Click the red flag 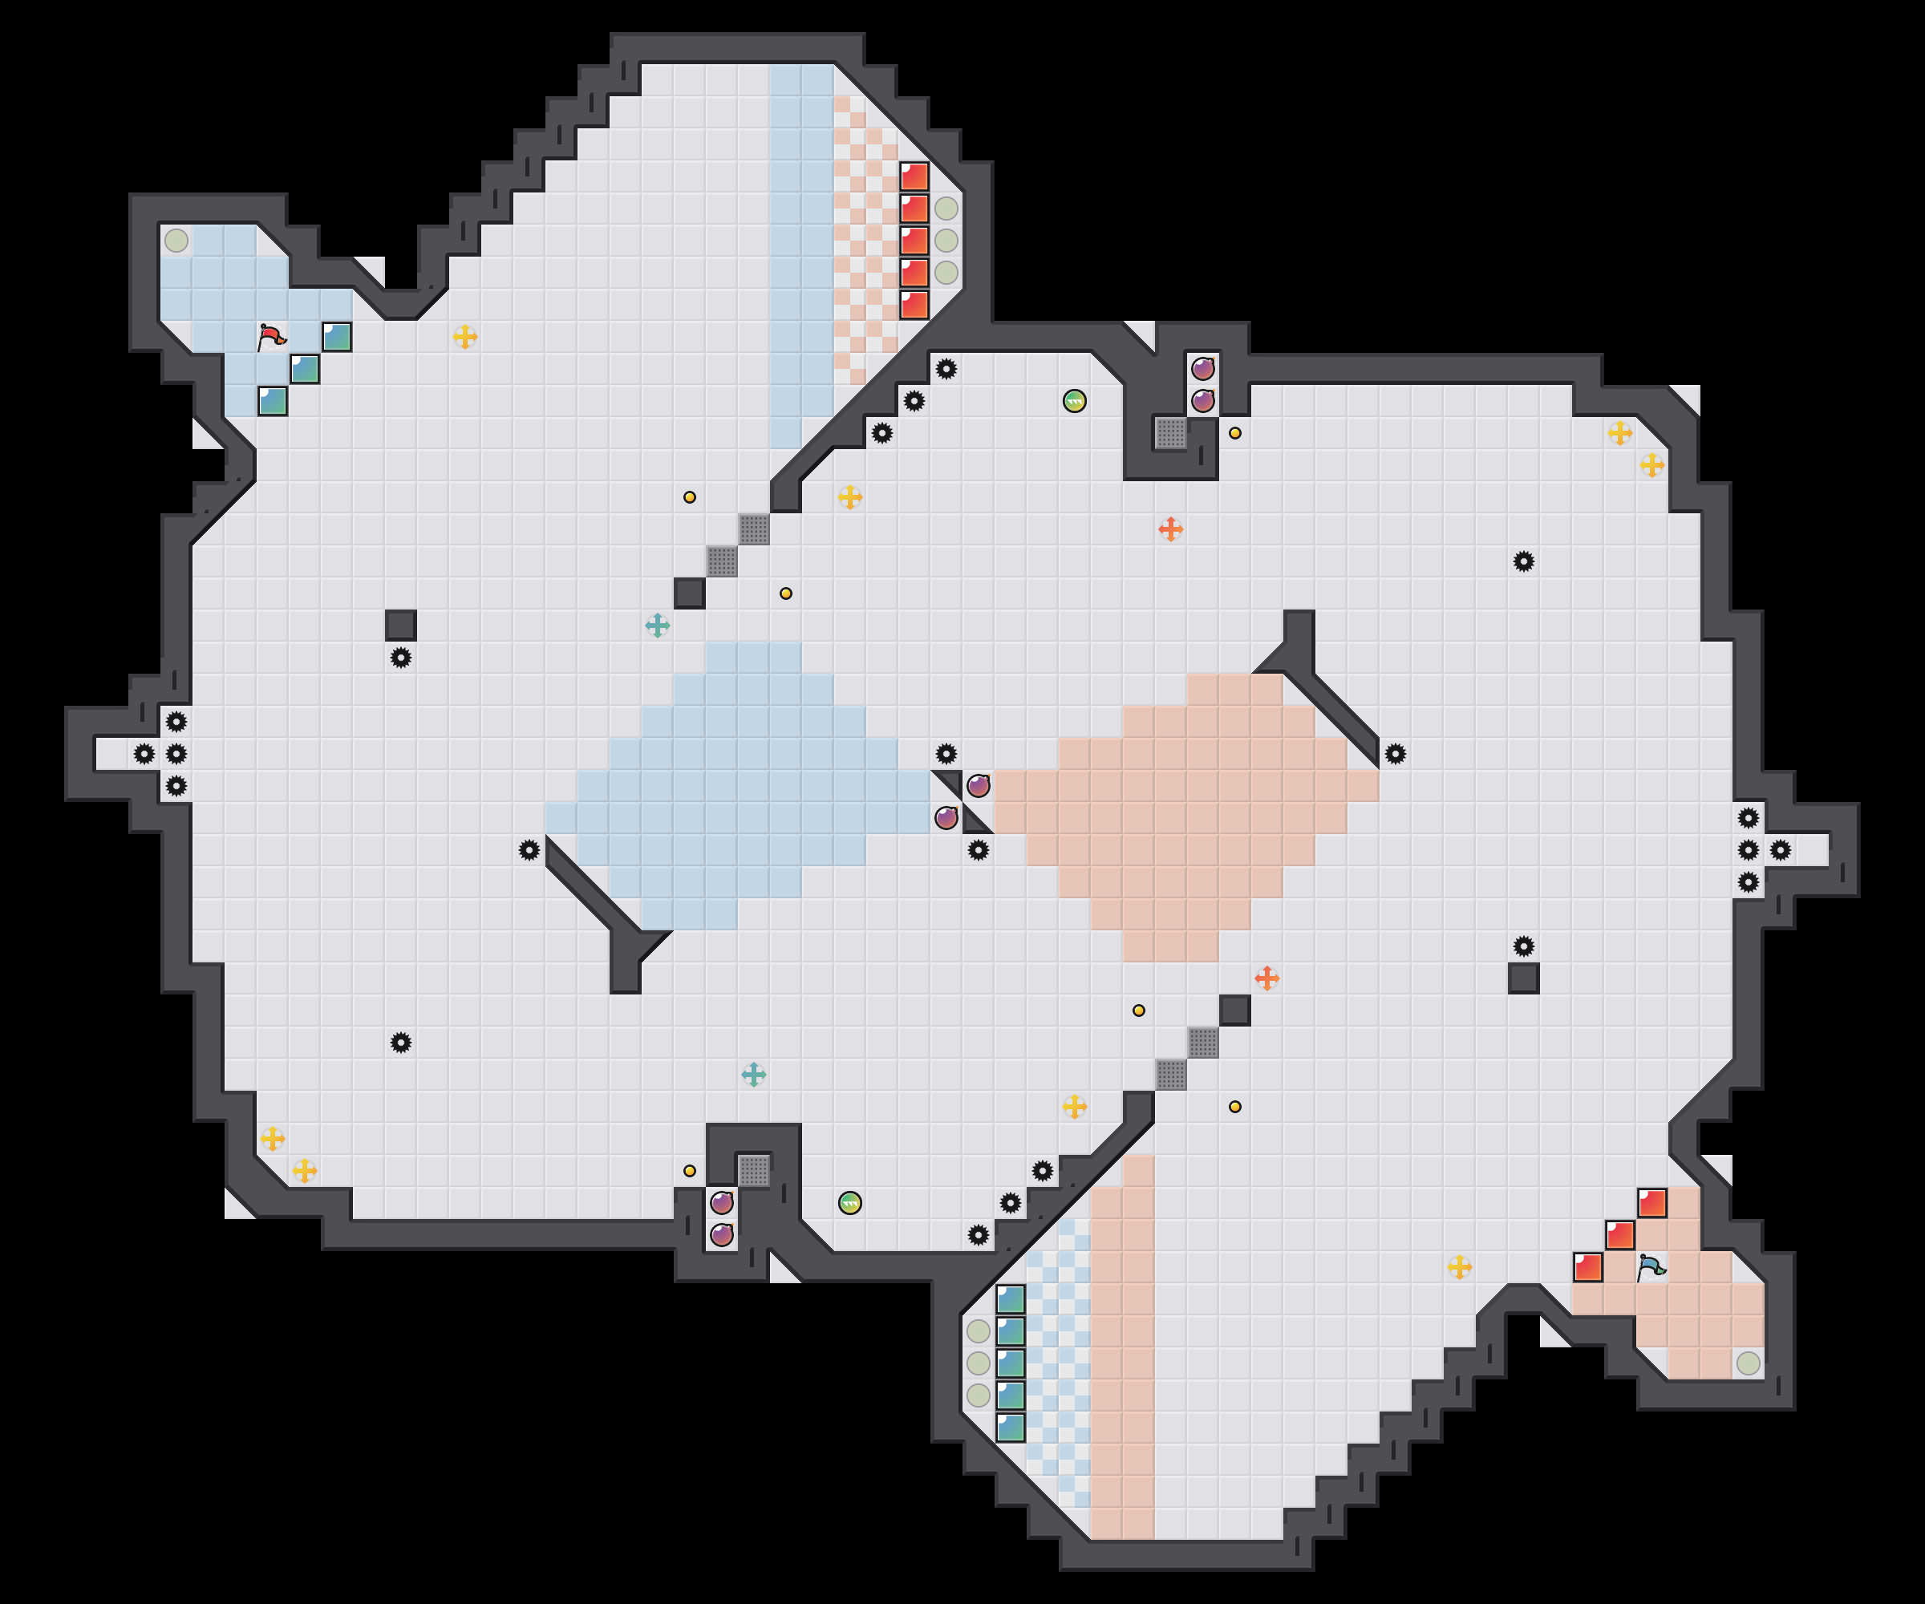click(271, 336)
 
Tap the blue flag click(1651, 1266)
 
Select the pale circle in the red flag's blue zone click(176, 240)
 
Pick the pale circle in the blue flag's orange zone click(1748, 1363)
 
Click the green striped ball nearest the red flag click(1074, 400)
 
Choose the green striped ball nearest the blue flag click(849, 1202)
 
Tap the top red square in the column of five click(914, 176)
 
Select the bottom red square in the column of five click(914, 304)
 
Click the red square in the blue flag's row click(1587, 1266)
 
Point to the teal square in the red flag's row click(336, 336)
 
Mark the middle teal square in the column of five click(1010, 1363)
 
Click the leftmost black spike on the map click(144, 753)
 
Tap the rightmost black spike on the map click(1780, 849)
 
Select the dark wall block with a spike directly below click(400, 625)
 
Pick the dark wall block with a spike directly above click(1523, 978)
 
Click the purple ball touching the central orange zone click(978, 785)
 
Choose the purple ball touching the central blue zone click(946, 817)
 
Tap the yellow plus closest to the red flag click(464, 336)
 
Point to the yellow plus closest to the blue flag click(1459, 1266)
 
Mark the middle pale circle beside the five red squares click(946, 240)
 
